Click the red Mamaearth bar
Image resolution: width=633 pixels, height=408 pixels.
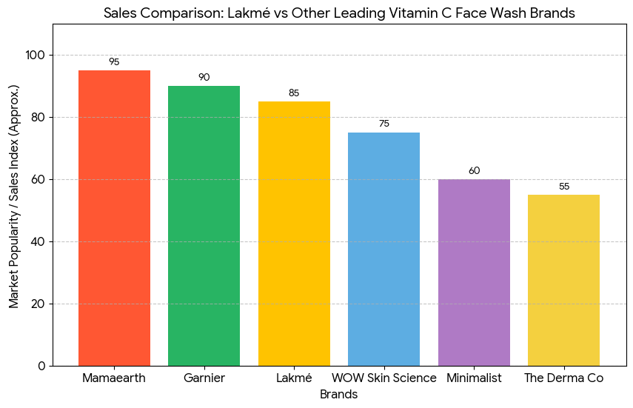(x=114, y=218)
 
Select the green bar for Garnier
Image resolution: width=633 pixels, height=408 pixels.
(x=204, y=226)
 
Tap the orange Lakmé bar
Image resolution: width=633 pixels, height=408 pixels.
(x=294, y=233)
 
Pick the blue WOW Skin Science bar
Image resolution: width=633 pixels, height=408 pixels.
(x=384, y=249)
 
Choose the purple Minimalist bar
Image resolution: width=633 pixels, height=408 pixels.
(x=474, y=272)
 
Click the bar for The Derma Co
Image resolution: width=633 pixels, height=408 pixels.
(x=564, y=280)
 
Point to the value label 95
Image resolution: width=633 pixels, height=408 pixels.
(x=114, y=62)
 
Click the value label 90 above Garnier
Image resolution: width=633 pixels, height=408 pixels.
(x=204, y=78)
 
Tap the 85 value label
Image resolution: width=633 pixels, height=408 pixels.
(x=294, y=93)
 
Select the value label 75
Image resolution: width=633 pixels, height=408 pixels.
(x=384, y=124)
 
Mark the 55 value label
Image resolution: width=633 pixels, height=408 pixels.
(x=564, y=186)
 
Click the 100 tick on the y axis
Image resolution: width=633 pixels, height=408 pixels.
(x=36, y=56)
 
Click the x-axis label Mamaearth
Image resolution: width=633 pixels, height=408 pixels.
(x=114, y=378)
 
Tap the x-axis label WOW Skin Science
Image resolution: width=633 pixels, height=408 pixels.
(x=384, y=378)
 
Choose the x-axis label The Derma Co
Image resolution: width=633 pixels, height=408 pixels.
(x=564, y=378)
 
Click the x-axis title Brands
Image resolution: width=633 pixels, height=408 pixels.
(x=338, y=395)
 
